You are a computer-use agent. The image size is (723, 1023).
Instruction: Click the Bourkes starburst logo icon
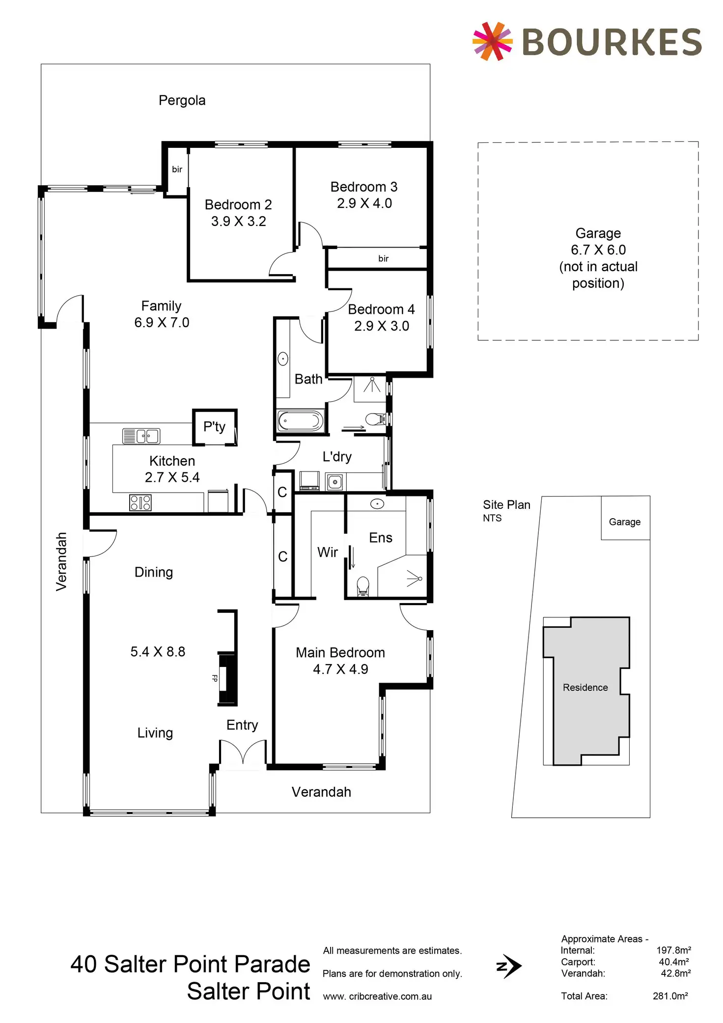(x=492, y=41)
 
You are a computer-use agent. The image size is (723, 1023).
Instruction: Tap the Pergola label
(x=182, y=101)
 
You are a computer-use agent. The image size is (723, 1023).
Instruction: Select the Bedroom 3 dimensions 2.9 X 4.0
(x=364, y=203)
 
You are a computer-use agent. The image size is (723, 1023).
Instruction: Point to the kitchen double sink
(x=141, y=436)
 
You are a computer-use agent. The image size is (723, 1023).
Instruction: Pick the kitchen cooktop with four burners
(x=140, y=502)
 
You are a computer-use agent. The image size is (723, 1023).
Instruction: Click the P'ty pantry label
(x=214, y=426)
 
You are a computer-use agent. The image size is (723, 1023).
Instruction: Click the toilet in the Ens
(x=362, y=586)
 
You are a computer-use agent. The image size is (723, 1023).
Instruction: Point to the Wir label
(x=328, y=553)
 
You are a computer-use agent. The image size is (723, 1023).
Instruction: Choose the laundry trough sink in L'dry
(x=335, y=482)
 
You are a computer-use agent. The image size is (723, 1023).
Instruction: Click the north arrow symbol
(x=508, y=967)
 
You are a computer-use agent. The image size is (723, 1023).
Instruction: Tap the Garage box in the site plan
(x=625, y=522)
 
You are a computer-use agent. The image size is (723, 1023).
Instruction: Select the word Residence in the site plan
(x=585, y=688)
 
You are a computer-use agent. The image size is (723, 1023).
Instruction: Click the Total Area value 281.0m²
(x=670, y=996)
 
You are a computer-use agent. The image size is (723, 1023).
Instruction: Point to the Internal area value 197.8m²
(x=673, y=950)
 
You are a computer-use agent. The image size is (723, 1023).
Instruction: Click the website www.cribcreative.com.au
(x=377, y=996)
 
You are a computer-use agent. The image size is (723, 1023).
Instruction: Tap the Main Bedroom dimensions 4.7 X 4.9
(x=340, y=669)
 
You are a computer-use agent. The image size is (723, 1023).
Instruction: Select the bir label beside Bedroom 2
(x=177, y=169)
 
